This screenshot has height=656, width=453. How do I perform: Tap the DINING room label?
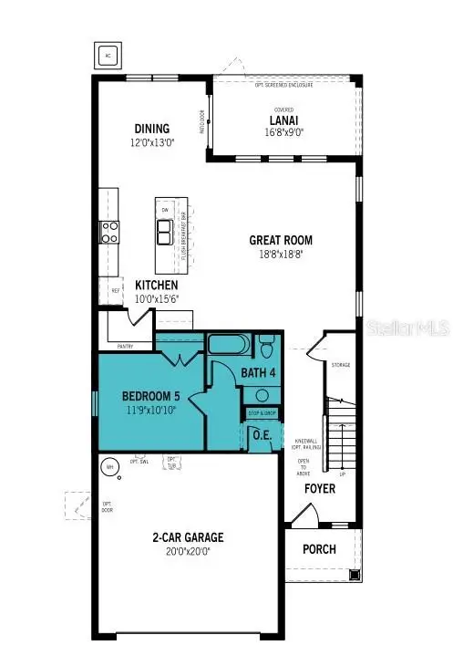[x=150, y=129]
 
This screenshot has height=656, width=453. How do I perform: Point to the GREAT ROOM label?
[x=281, y=241]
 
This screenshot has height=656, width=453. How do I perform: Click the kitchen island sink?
[x=166, y=233]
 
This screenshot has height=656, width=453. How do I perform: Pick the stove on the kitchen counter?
[x=109, y=231]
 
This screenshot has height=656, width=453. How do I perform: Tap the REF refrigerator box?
[x=116, y=290]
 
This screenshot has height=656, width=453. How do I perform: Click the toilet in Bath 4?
[x=266, y=348]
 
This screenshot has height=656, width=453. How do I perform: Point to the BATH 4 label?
[x=258, y=373]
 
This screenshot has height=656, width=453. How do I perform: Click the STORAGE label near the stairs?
[x=341, y=365]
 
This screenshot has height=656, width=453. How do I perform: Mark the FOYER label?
[x=320, y=489]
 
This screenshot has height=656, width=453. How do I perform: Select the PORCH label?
[x=319, y=549]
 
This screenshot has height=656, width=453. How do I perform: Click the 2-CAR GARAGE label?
[x=188, y=537]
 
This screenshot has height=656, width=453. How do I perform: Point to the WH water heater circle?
[x=110, y=466]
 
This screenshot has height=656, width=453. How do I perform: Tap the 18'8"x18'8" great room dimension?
[x=281, y=256]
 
